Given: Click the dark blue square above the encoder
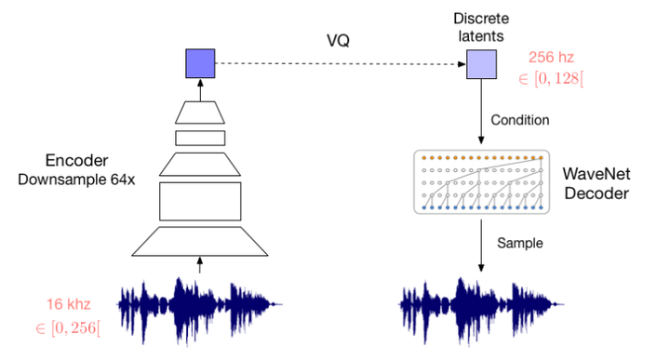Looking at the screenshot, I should point(200,63).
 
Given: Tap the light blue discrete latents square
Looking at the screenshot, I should point(481,63).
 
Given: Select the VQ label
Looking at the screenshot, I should point(339,39).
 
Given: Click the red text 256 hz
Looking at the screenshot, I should point(556,58).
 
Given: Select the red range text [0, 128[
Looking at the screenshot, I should point(556,79).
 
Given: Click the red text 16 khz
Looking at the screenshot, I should point(67,304).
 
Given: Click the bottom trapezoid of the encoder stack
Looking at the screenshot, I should point(200,241).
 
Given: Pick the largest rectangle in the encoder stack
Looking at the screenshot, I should point(200,201).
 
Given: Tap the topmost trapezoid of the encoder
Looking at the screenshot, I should point(200,113).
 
